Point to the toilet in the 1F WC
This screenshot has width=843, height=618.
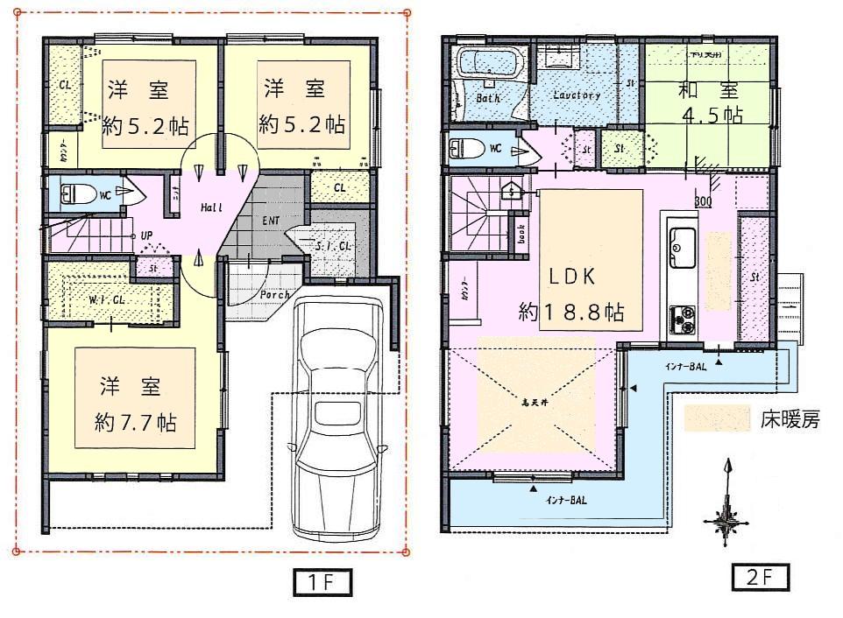click(x=83, y=193)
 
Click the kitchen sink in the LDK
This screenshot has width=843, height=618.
click(x=683, y=248)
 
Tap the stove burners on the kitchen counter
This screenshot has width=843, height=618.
click(x=683, y=319)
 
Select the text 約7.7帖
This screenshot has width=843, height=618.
click(x=136, y=423)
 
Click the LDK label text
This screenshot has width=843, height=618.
click(x=572, y=277)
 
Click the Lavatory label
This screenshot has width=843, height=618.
click(x=577, y=95)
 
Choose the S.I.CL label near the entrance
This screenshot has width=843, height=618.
click(x=332, y=248)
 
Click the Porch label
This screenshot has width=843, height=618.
click(x=274, y=294)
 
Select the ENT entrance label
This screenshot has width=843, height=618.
click(x=271, y=221)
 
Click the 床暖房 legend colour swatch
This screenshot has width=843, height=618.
click(x=717, y=418)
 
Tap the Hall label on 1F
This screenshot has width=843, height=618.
click(x=211, y=207)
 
